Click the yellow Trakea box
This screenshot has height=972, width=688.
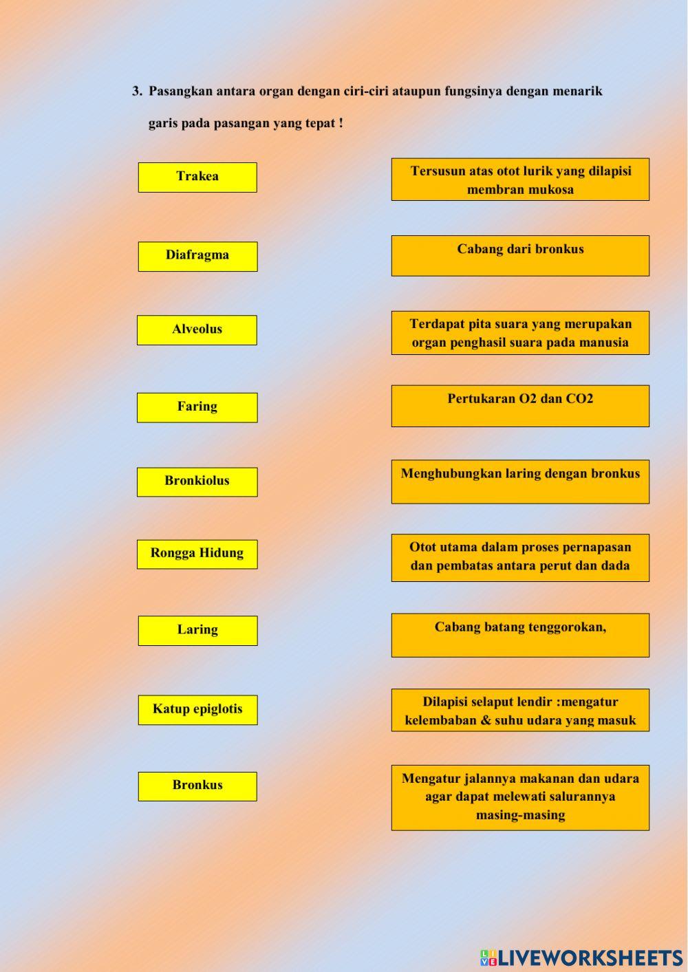pyautogui.click(x=197, y=177)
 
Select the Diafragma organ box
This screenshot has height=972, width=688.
pyautogui.click(x=197, y=256)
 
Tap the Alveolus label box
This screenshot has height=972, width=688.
pyautogui.click(x=197, y=330)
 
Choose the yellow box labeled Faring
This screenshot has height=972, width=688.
pyautogui.click(x=197, y=407)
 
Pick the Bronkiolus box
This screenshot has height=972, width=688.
pyautogui.click(x=197, y=482)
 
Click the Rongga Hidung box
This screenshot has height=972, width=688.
pyautogui.click(x=197, y=554)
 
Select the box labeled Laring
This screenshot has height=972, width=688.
pyautogui.click(x=197, y=630)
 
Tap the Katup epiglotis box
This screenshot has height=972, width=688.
pyautogui.click(x=197, y=709)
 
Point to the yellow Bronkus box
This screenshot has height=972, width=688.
pyautogui.click(x=197, y=786)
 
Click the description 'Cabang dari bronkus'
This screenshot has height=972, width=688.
pyautogui.click(x=520, y=255)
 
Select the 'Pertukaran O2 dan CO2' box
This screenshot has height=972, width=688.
pyautogui.click(x=520, y=406)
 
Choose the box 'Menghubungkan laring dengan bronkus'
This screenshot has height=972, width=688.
pyautogui.click(x=520, y=481)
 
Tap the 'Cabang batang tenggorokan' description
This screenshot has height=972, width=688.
pyautogui.click(x=520, y=635)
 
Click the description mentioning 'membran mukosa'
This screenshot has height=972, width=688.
pyautogui.click(x=520, y=180)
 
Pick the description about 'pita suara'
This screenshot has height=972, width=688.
pyautogui.click(x=520, y=333)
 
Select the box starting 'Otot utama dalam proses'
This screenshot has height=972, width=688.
pyautogui.click(x=520, y=557)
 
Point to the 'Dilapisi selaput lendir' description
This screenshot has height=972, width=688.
pyautogui.click(x=520, y=710)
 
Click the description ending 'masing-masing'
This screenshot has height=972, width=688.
pyautogui.click(x=520, y=797)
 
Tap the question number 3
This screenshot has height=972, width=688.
pyautogui.click(x=137, y=91)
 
